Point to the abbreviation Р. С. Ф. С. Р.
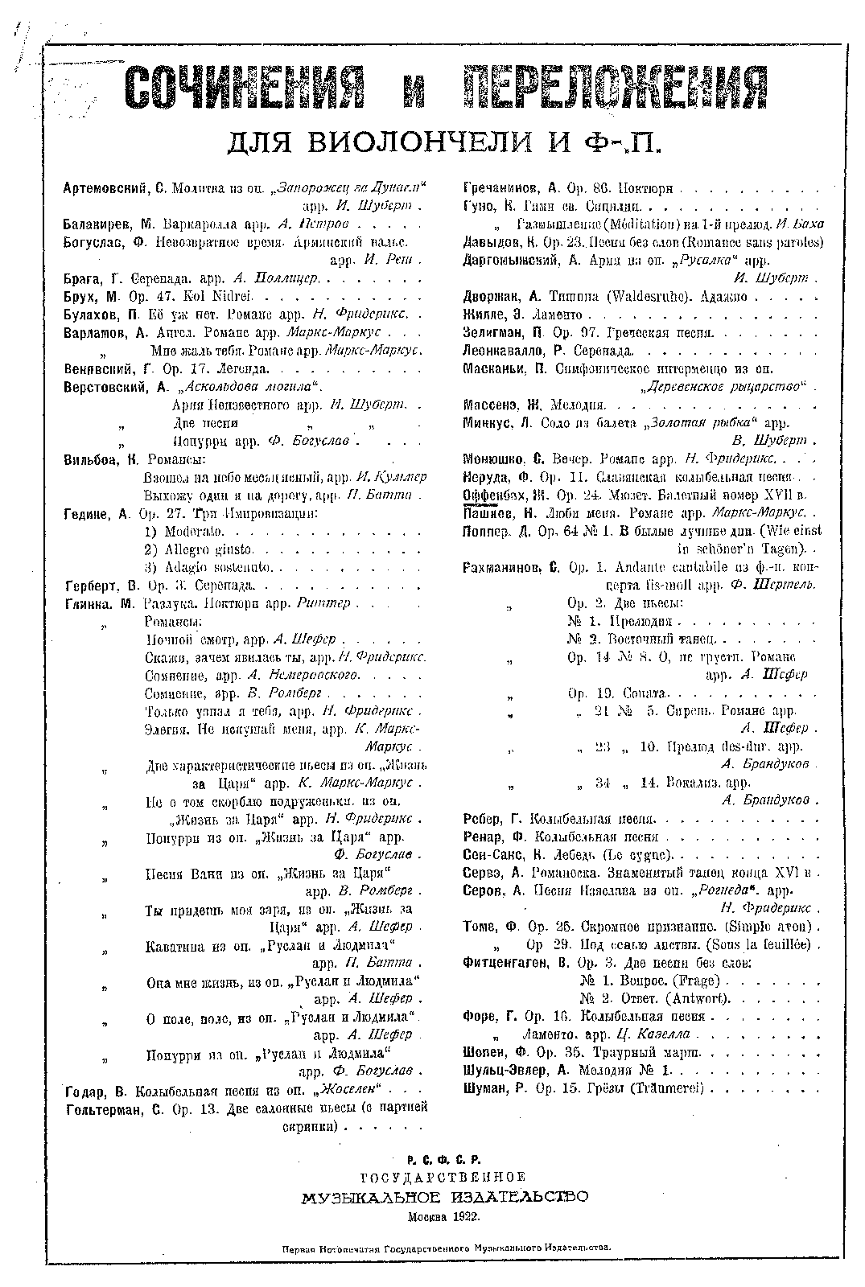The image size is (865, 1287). click(443, 1160)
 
